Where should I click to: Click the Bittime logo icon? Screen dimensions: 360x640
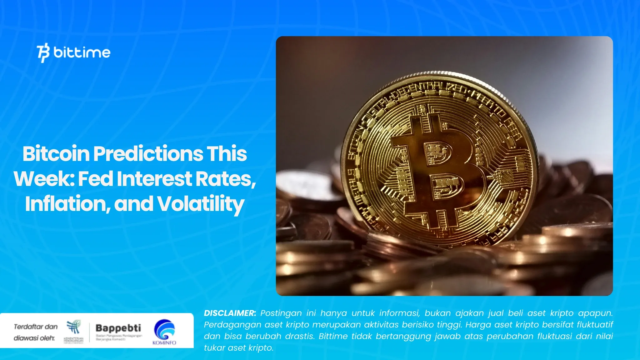tap(43, 52)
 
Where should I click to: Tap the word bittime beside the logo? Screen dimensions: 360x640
tap(82, 52)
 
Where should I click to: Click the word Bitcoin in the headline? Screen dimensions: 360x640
tap(56, 154)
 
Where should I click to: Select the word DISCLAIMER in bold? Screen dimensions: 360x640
tap(230, 313)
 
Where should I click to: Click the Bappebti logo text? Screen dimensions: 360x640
tap(118, 328)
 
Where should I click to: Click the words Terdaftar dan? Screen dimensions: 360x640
tap(36, 327)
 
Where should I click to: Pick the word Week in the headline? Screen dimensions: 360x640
tap(44, 179)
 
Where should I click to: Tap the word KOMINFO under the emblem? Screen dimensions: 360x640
tap(164, 343)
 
